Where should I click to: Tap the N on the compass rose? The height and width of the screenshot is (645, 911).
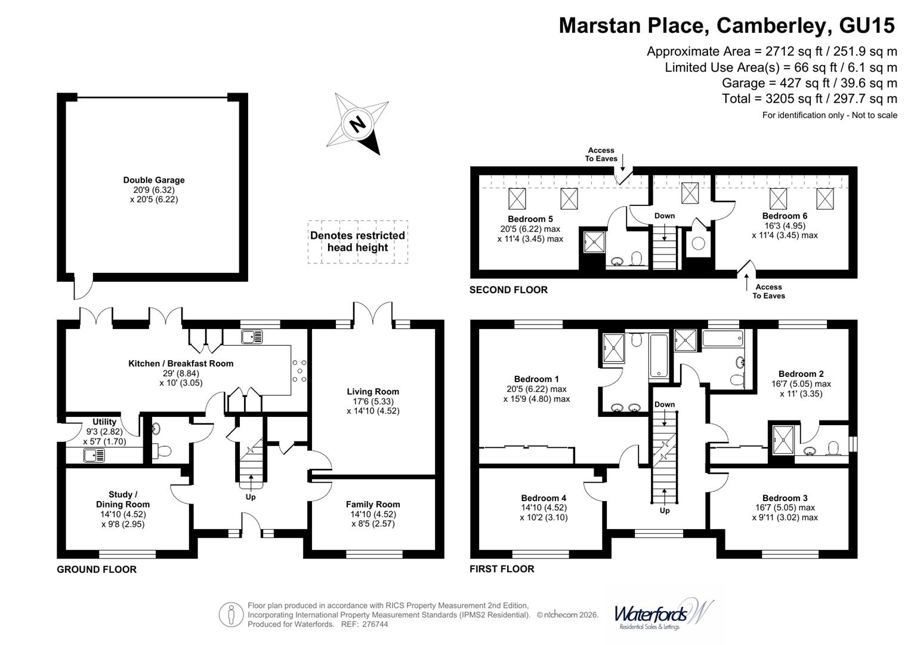pyautogui.click(x=357, y=125)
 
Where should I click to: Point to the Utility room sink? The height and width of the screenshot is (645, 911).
pyautogui.click(x=95, y=456)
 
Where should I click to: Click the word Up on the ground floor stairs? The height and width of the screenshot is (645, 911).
pyautogui.click(x=251, y=497)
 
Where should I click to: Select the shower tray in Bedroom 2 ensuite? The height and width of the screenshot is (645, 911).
pyautogui.click(x=782, y=439)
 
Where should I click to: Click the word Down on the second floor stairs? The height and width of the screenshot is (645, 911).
pyautogui.click(x=664, y=216)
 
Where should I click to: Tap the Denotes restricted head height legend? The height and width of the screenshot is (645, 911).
pyautogui.click(x=357, y=241)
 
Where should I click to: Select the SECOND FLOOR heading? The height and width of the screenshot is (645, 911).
pyautogui.click(x=508, y=290)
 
